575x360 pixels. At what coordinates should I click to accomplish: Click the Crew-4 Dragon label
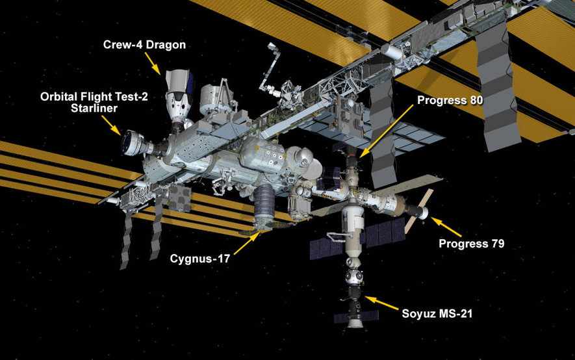pos(144,45)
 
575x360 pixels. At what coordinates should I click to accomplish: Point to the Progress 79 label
pos(471,244)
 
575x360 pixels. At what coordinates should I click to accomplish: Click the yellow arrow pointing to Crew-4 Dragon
pos(153,62)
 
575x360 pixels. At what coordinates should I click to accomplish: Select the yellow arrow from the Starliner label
pos(111,124)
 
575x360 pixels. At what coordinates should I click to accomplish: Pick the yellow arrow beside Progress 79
pos(447,227)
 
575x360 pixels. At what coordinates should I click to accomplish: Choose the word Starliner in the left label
pos(94,109)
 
